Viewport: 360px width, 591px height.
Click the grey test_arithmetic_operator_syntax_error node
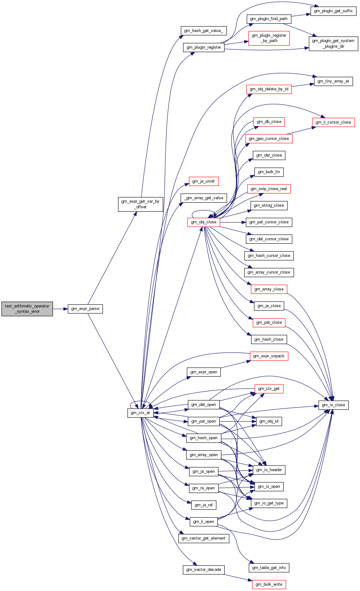click(x=27, y=309)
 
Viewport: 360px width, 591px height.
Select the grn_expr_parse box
click(x=85, y=309)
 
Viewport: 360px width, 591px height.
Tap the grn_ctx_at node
click(x=140, y=413)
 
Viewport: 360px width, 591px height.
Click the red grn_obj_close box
click(x=204, y=222)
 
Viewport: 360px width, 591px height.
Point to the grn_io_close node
click(x=333, y=405)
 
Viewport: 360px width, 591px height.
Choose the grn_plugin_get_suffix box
click(x=333, y=11)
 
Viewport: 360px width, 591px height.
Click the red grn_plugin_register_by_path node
click(x=269, y=38)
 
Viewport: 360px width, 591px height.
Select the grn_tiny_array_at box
click(x=333, y=81)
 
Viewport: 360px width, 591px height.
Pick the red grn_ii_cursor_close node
click(x=333, y=122)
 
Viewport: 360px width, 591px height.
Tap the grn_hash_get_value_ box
click(x=204, y=31)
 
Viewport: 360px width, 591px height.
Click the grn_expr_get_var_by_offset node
click(x=141, y=204)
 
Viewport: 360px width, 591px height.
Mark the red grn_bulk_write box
click(x=269, y=584)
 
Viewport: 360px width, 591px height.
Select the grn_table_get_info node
click(x=269, y=568)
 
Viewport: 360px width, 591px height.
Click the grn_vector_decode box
click(x=204, y=570)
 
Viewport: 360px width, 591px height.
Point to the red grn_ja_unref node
click(x=204, y=181)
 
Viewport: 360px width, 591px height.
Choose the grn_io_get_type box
click(x=269, y=503)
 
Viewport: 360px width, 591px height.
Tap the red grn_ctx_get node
click(x=269, y=389)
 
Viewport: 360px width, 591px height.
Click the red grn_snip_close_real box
click(x=269, y=189)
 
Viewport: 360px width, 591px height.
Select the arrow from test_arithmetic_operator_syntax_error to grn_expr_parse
click(x=60, y=309)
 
